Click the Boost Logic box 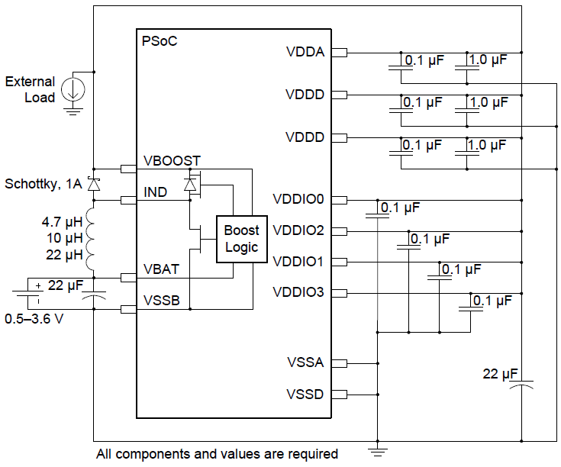pyautogui.click(x=242, y=239)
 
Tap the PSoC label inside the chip pyautogui.click(x=160, y=41)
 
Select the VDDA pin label pyautogui.click(x=305, y=52)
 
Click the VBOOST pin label pyautogui.click(x=172, y=161)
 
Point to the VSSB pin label pyautogui.click(x=162, y=301)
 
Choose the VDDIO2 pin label pyautogui.click(x=298, y=230)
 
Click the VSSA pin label pyautogui.click(x=305, y=362)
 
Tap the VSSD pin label pyautogui.click(x=305, y=394)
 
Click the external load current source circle pyautogui.click(x=73, y=89)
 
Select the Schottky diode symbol pyautogui.click(x=94, y=185)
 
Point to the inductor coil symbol pyautogui.click(x=90, y=239)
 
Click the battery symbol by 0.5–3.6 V pyautogui.click(x=27, y=294)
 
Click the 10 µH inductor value pyautogui.click(x=65, y=238)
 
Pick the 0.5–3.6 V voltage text pyautogui.click(x=34, y=319)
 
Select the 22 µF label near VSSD pyautogui.click(x=500, y=374)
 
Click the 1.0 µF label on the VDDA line pyautogui.click(x=488, y=60)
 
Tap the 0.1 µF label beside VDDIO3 pyautogui.click(x=492, y=301)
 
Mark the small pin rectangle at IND pyautogui.click(x=128, y=200)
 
